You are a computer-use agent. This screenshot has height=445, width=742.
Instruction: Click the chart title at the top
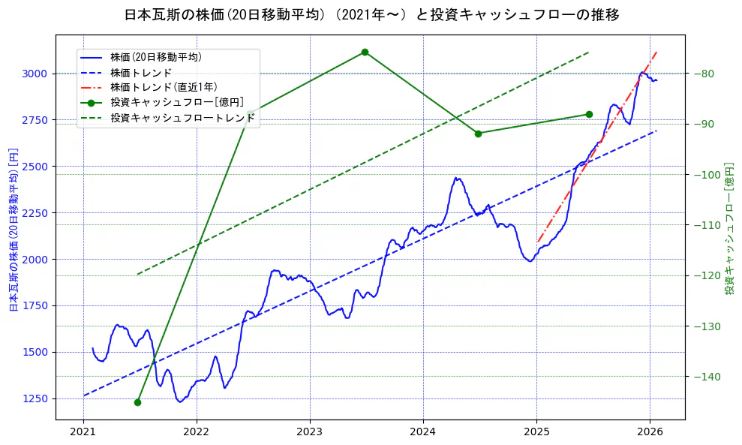point(371,15)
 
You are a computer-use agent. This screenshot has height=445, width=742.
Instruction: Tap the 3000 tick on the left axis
point(35,74)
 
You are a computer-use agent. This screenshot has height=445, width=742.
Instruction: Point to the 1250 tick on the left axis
point(35,398)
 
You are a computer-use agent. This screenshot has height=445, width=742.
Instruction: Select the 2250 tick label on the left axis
point(35,212)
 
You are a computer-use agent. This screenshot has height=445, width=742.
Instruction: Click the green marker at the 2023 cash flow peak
point(365,52)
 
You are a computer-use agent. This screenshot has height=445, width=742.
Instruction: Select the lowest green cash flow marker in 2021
point(137,402)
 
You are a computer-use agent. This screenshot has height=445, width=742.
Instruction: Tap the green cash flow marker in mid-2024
point(478,134)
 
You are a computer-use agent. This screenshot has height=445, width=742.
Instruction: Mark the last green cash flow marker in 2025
point(589,114)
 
